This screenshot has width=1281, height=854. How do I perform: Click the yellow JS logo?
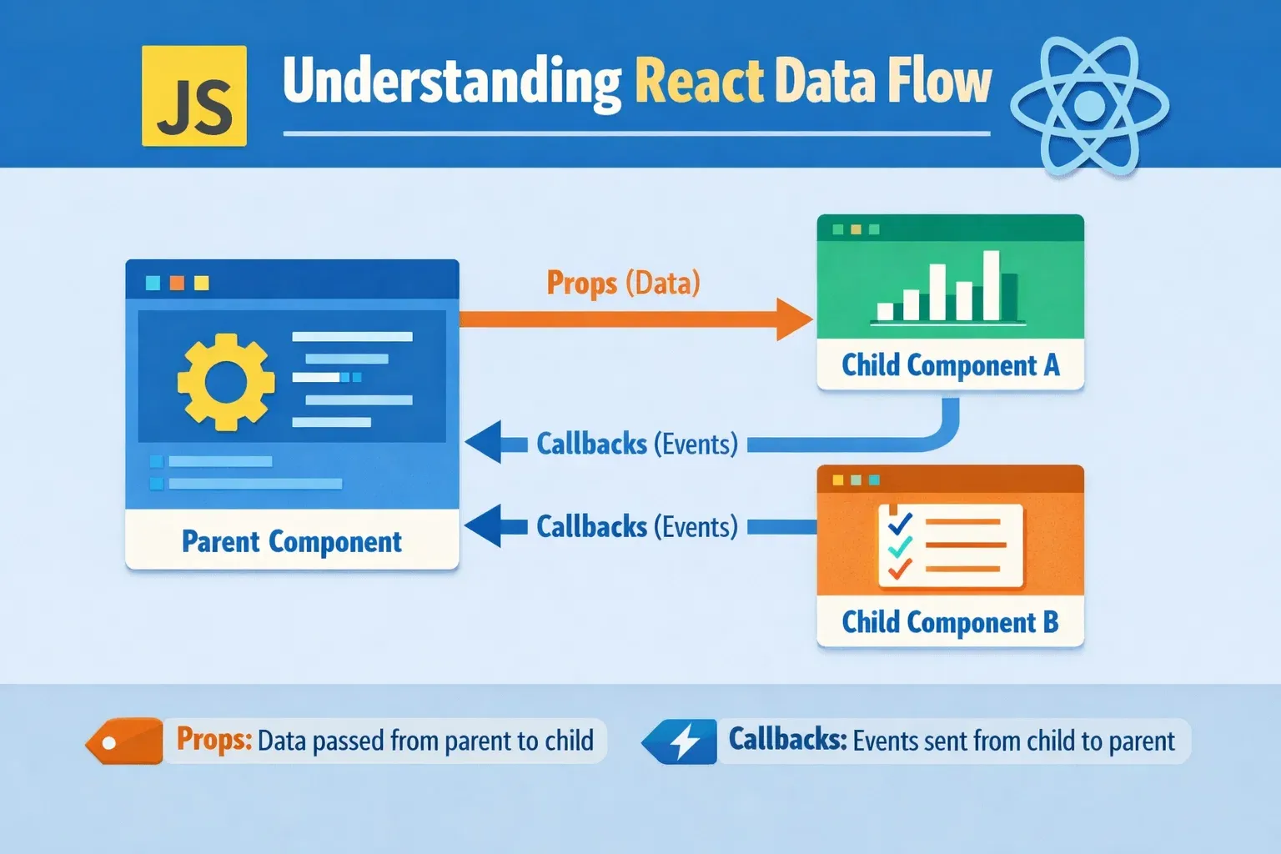(x=194, y=96)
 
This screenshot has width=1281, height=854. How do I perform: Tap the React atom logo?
(x=1089, y=105)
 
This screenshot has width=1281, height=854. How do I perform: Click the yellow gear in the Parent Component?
(x=226, y=382)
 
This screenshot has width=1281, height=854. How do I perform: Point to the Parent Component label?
(x=292, y=541)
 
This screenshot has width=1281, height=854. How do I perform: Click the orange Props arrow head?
(x=794, y=319)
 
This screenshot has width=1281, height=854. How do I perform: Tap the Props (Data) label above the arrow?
(x=623, y=283)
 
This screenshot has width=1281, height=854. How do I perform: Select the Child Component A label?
(x=951, y=365)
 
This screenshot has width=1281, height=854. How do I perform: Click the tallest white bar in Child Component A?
(x=991, y=285)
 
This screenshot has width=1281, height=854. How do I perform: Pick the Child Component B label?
(x=951, y=622)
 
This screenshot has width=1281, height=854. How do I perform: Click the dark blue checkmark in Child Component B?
(x=899, y=523)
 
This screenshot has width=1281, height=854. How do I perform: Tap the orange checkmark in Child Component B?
(x=899, y=569)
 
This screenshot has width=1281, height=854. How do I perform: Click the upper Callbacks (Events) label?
(x=637, y=444)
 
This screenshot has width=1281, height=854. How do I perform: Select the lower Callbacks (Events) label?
(x=637, y=526)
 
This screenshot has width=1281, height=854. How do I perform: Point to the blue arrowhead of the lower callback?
(x=483, y=525)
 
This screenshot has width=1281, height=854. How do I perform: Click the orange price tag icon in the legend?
(x=124, y=741)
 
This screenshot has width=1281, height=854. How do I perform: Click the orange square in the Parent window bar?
(x=178, y=283)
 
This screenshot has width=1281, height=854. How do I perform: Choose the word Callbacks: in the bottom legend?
(x=787, y=739)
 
